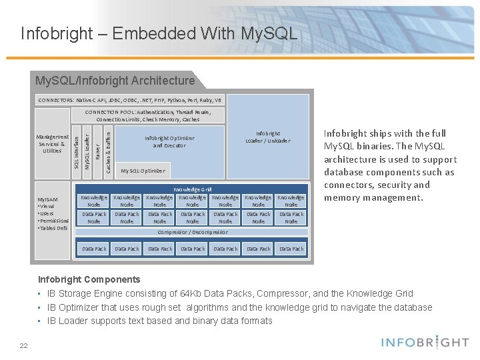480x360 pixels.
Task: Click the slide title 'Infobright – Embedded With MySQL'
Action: click(x=159, y=33)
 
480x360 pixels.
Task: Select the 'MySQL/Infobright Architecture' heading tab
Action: click(x=115, y=81)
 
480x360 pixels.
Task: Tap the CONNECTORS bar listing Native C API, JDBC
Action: click(x=130, y=100)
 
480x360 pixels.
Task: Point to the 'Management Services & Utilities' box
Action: click(x=52, y=144)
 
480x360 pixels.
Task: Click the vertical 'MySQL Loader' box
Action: click(x=87, y=151)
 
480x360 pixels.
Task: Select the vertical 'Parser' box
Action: click(x=97, y=151)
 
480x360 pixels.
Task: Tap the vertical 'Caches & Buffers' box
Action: click(x=109, y=151)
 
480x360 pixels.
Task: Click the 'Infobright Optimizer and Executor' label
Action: click(x=169, y=141)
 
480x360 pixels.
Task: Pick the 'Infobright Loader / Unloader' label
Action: click(x=267, y=137)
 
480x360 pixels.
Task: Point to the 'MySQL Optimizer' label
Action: click(x=143, y=171)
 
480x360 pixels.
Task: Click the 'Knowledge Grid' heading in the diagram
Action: click(x=193, y=189)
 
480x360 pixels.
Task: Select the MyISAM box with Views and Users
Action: click(x=53, y=213)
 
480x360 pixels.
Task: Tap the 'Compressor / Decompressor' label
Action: click(x=192, y=232)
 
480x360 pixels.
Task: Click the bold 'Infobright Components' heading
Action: click(x=89, y=279)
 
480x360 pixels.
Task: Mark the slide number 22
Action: click(x=23, y=345)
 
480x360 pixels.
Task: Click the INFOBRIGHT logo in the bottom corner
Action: click(x=425, y=343)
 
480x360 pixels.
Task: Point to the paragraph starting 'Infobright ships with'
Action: click(x=390, y=165)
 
